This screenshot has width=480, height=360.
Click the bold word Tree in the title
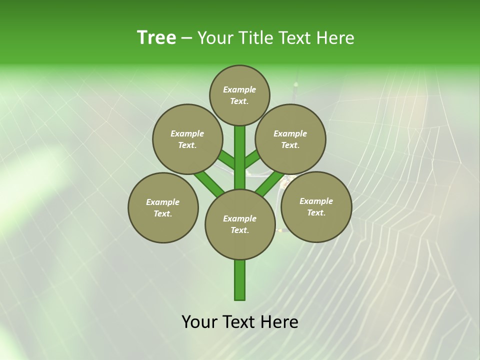[x=156, y=38]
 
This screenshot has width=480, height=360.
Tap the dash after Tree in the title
[x=186, y=38]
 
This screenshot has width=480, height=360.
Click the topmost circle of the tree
[x=239, y=95]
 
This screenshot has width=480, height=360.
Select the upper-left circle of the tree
[x=187, y=139]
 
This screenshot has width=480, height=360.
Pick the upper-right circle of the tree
[x=290, y=139]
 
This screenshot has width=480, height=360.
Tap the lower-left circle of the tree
[x=163, y=207]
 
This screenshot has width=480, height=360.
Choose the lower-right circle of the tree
[x=316, y=206]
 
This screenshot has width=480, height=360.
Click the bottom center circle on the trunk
[x=240, y=224]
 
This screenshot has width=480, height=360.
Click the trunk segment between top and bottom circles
[x=240, y=157]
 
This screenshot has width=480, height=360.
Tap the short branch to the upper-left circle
[x=226, y=160]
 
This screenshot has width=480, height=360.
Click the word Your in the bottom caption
[x=200, y=322]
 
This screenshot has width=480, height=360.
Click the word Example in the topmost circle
[x=239, y=89]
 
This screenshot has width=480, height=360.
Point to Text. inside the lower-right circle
[x=316, y=212]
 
